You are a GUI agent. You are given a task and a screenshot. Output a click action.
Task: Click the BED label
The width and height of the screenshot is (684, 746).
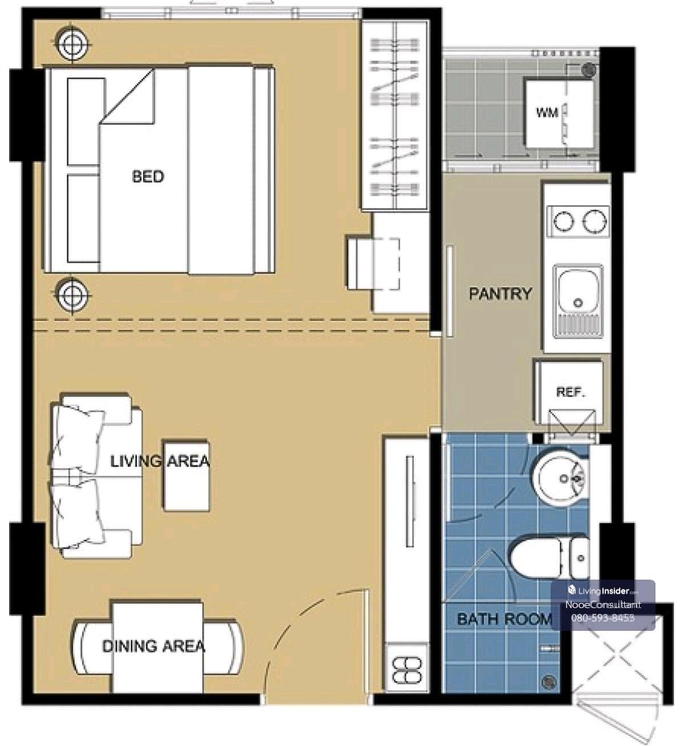pos(148,176)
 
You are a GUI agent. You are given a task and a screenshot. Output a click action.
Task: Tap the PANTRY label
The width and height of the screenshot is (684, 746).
pos(500,294)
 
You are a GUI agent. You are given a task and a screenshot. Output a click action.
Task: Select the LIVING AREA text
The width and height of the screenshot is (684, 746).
pos(160,462)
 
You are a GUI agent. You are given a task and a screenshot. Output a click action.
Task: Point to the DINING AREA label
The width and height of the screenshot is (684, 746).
pos(153,646)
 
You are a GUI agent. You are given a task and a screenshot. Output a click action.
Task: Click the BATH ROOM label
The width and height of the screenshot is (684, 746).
pos(504,619)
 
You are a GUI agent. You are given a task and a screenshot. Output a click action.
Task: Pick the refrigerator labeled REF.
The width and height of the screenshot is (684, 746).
pos(568,392)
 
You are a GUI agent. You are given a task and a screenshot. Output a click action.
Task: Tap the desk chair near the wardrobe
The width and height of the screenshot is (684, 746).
pos(373,264)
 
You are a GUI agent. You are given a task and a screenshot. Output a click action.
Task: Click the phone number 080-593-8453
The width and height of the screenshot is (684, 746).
pos(602,618)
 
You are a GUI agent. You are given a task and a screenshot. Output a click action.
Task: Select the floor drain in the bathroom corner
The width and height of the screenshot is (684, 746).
pos(548,682)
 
